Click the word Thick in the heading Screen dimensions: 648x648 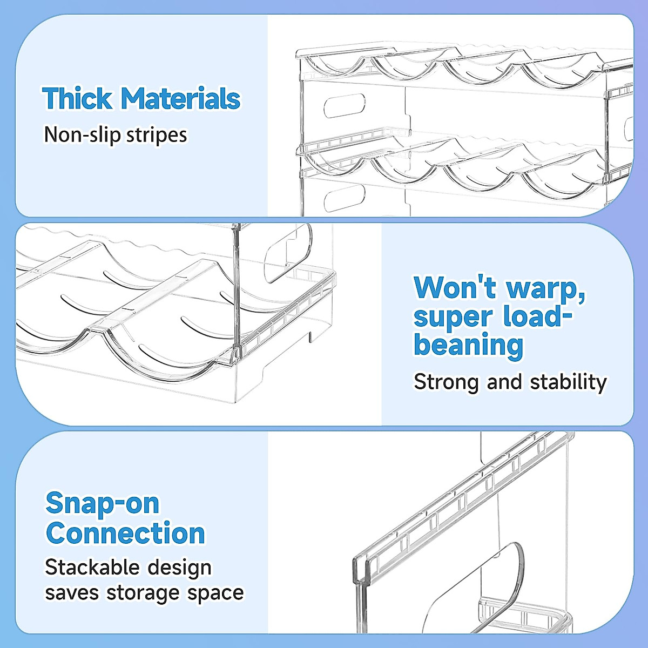(77, 98)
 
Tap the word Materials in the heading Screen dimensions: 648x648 (180, 98)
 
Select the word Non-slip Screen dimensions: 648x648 (83, 134)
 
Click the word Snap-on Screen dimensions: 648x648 (103, 503)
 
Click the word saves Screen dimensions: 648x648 (72, 593)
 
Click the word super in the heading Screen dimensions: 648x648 (453, 318)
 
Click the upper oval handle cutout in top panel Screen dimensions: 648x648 (345, 106)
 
